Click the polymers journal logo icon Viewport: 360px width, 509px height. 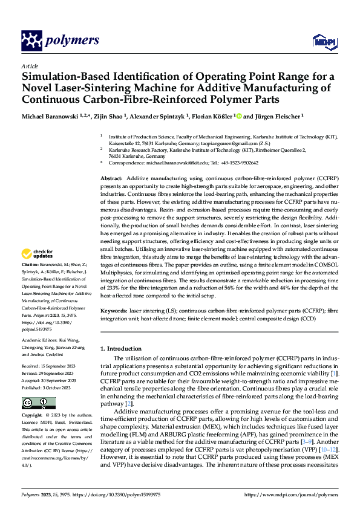pyautogui.click(x=31, y=41)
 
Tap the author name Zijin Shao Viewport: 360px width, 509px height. pyautogui.click(x=109, y=116)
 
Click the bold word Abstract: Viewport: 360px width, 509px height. pyautogui.click(x=111, y=179)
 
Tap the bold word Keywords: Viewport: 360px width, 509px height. pyautogui.click(x=114, y=310)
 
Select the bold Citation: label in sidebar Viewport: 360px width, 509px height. pyautogui.click(x=31, y=282)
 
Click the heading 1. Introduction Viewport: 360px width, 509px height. pyautogui.click(x=121, y=349)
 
